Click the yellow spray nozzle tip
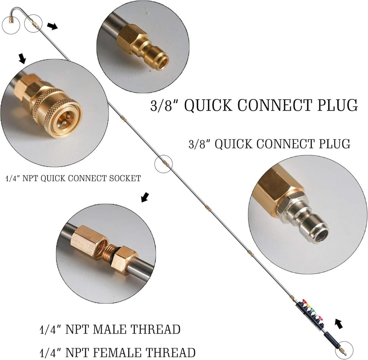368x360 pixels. (310, 305)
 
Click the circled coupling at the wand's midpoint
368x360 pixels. (163, 163)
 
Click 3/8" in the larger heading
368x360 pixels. (164, 105)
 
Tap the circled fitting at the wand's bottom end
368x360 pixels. (344, 348)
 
